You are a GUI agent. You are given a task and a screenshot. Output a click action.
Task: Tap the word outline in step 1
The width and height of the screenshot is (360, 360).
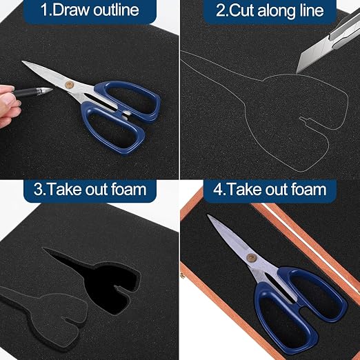click(x=117, y=10)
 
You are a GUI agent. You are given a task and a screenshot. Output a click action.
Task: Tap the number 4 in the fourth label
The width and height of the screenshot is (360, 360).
click(x=217, y=190)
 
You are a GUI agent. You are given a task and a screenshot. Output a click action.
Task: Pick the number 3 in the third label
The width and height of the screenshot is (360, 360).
click(x=38, y=190)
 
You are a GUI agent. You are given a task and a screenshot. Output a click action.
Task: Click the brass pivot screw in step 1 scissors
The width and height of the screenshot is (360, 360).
click(x=68, y=84)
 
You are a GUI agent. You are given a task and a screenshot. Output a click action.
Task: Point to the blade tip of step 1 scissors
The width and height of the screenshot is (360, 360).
click(x=22, y=61)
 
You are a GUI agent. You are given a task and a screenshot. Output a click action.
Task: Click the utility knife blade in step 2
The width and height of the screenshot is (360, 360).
click(x=309, y=57)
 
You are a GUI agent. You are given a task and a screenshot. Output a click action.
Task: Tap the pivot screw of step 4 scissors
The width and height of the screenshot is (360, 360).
click(x=250, y=257)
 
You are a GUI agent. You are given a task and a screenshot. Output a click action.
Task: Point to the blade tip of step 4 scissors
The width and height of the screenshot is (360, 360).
click(x=208, y=215)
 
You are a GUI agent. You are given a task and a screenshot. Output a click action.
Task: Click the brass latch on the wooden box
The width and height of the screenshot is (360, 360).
click(x=182, y=274)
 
